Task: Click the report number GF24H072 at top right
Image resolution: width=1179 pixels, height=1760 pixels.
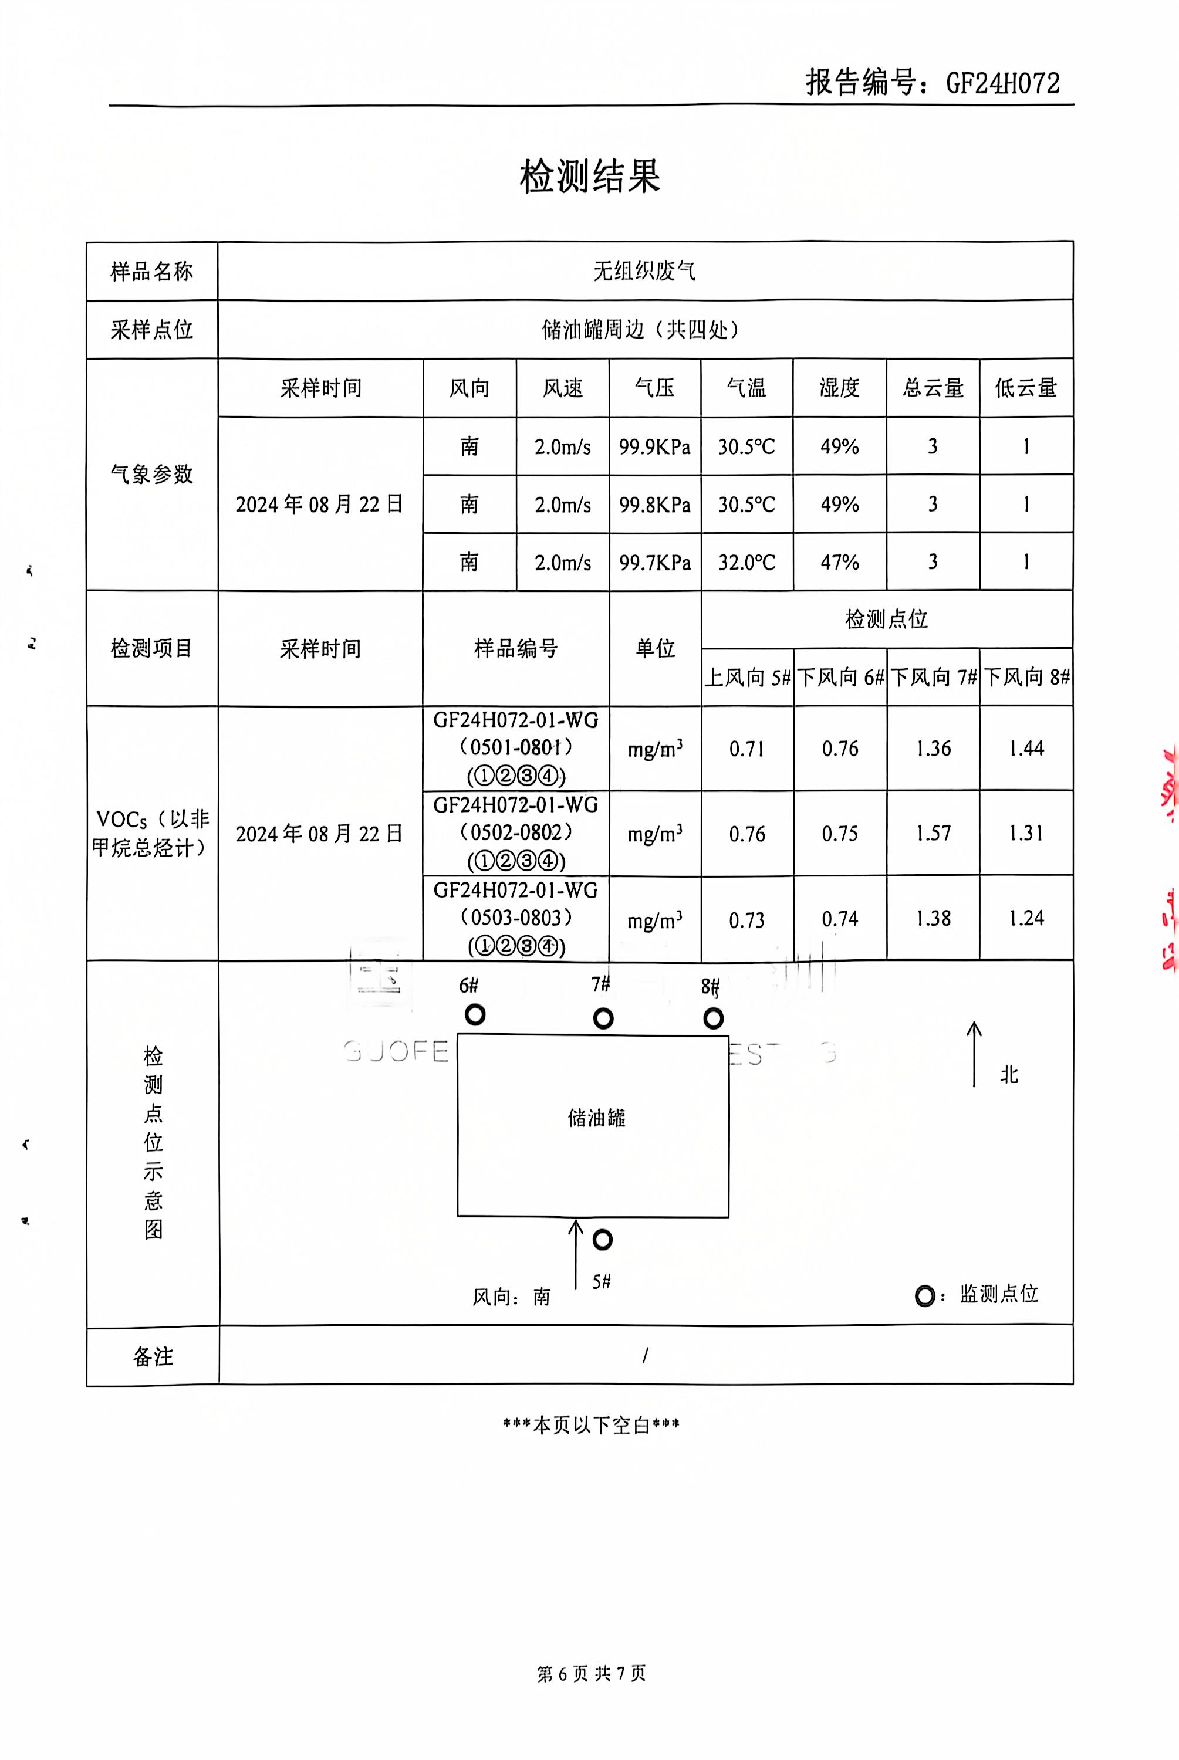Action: pyautogui.click(x=1002, y=83)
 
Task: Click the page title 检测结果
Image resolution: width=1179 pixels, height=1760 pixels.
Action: pyautogui.click(x=590, y=176)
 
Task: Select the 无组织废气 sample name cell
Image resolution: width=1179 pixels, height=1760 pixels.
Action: pyautogui.click(x=644, y=270)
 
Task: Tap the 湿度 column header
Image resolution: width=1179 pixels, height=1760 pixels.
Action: pyautogui.click(x=839, y=388)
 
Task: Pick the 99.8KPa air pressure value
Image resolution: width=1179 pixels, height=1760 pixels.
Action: pyautogui.click(x=654, y=505)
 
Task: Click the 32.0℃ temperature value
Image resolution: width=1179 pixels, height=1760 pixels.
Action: pyautogui.click(x=746, y=562)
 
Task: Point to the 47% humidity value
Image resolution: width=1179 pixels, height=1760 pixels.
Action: pyautogui.click(x=839, y=562)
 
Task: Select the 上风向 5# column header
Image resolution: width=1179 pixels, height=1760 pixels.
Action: pyautogui.click(x=748, y=677)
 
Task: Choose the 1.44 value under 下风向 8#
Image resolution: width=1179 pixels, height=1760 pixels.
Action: pyautogui.click(x=1026, y=748)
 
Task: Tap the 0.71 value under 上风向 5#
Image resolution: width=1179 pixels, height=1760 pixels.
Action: pyautogui.click(x=746, y=749)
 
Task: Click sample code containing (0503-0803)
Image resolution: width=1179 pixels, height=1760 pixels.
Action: pyautogui.click(x=516, y=918)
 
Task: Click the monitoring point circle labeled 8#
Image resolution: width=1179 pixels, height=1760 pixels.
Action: pyautogui.click(x=714, y=1018)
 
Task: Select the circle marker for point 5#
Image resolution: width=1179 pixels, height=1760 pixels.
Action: pyautogui.click(x=602, y=1240)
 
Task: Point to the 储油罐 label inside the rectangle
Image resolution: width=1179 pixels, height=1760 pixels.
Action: pyautogui.click(x=596, y=1118)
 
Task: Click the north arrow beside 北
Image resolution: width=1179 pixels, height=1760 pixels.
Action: pyautogui.click(x=974, y=1054)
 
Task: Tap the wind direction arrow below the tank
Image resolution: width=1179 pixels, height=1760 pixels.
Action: pyautogui.click(x=576, y=1254)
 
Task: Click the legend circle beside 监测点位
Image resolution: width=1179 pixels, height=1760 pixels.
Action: pyautogui.click(x=925, y=1297)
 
